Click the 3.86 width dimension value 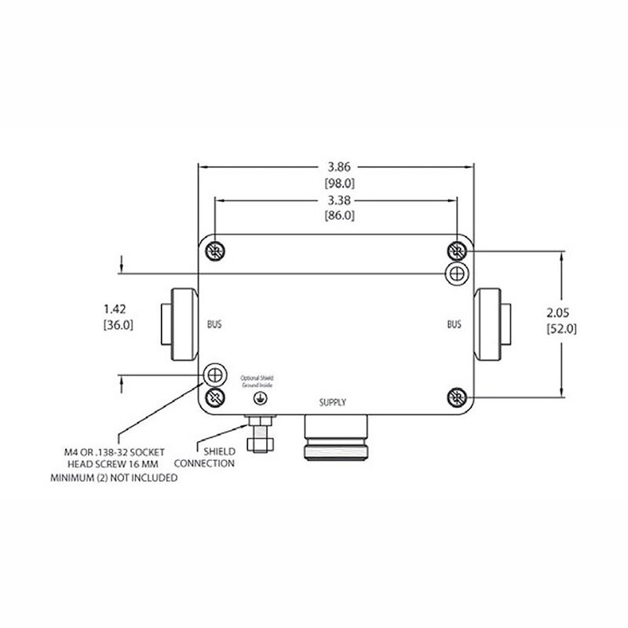(x=340, y=166)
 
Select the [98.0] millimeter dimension (x=340, y=183)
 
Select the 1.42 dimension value (x=115, y=308)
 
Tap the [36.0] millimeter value (x=115, y=324)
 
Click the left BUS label (x=215, y=323)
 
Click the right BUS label (x=455, y=323)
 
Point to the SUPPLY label (x=332, y=403)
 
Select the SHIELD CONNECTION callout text (x=210, y=458)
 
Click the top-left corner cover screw (x=214, y=250)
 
